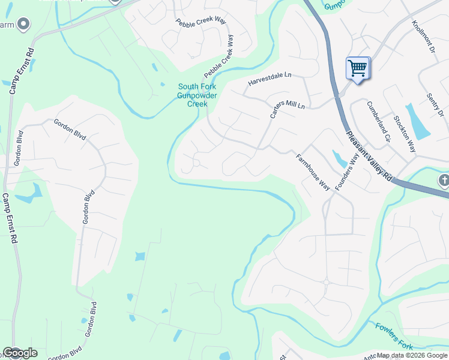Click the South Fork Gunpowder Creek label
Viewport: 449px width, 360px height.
coord(197,95)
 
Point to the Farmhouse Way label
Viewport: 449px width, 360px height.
coord(313,172)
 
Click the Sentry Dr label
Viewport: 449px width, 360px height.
coord(435,106)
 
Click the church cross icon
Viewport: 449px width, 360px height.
coord(444,181)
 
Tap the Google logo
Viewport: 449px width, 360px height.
coord(20,353)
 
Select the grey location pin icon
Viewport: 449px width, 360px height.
coord(23,24)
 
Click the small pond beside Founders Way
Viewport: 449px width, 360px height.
coord(340,160)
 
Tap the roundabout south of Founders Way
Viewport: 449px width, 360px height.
coord(327,281)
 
